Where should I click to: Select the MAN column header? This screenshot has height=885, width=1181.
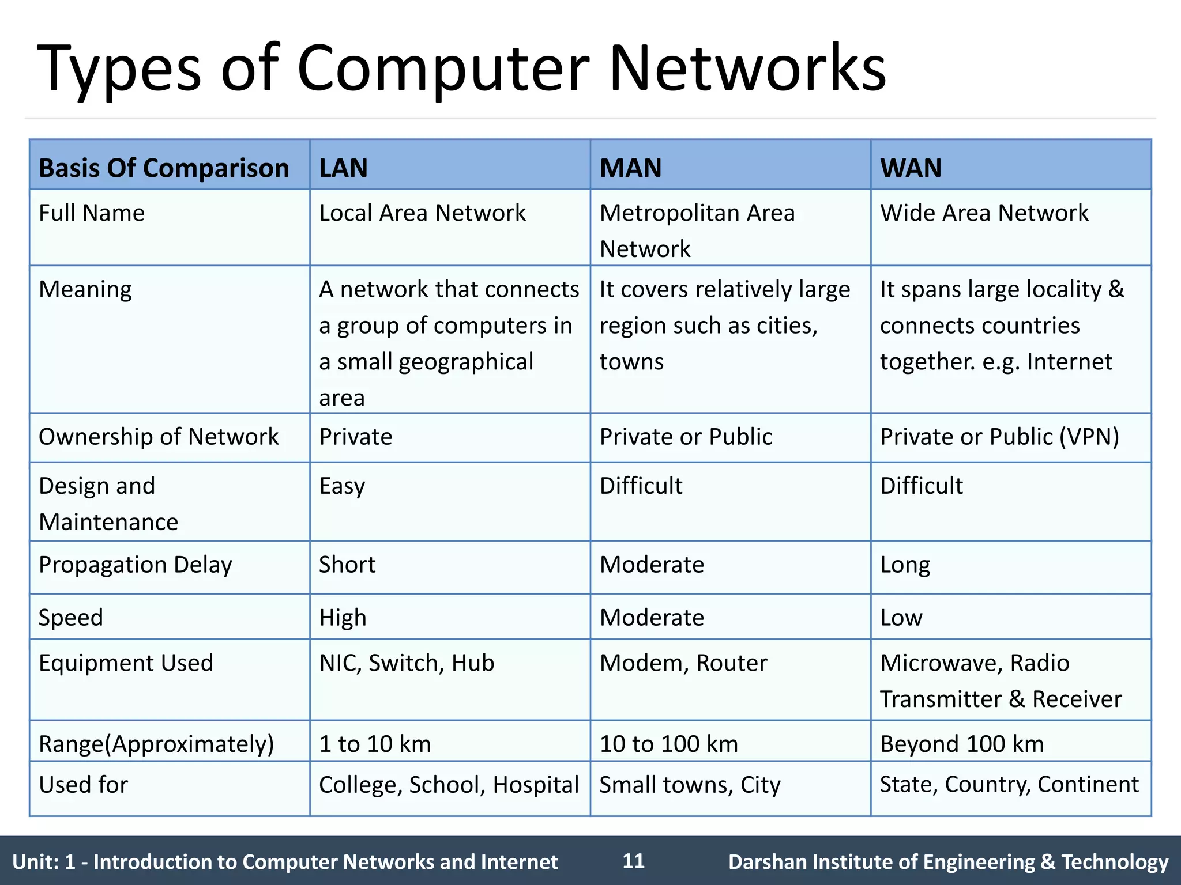click(630, 168)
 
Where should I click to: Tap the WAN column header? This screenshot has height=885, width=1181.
click(911, 168)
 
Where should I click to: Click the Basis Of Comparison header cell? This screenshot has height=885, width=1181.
click(164, 168)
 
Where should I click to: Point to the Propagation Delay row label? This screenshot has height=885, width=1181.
click(136, 565)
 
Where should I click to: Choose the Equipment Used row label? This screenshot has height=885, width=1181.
click(126, 663)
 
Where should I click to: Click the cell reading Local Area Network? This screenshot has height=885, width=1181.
click(422, 213)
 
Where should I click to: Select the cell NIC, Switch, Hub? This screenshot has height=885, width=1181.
click(407, 663)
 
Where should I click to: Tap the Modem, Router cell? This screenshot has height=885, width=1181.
click(683, 663)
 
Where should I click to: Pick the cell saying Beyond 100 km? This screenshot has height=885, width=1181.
click(962, 744)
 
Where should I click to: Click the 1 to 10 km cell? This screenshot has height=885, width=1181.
click(375, 744)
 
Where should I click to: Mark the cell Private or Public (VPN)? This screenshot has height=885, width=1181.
click(999, 437)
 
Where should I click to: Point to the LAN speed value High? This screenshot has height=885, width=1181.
click(343, 618)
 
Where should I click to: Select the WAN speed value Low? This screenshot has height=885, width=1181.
click(901, 618)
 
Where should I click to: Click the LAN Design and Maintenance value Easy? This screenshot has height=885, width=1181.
click(342, 486)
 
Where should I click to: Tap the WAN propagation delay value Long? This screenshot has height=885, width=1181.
click(905, 565)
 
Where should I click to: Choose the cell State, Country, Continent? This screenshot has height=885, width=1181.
click(1009, 785)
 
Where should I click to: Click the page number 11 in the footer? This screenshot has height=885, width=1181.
click(633, 861)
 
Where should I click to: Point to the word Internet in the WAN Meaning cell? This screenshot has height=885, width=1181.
click(1069, 362)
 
